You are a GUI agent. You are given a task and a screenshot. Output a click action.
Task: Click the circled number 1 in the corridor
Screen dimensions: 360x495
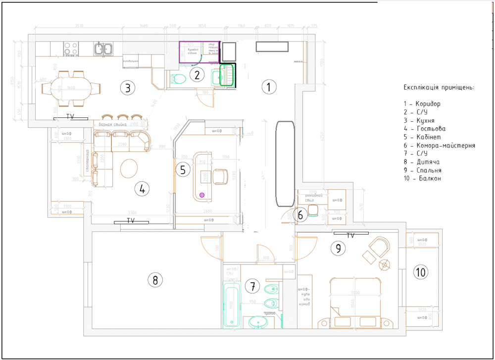click(268, 88)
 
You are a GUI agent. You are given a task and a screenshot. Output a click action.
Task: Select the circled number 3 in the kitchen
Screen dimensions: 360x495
click(127, 88)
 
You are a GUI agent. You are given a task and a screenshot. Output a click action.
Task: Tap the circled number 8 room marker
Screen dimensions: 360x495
click(155, 280)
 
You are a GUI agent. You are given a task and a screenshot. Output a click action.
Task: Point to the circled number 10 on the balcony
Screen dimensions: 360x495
click(421, 272)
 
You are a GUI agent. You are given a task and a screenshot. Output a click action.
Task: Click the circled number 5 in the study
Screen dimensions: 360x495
click(183, 170)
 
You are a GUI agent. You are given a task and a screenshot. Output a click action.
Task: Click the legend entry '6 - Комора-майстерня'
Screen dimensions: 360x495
click(439, 146)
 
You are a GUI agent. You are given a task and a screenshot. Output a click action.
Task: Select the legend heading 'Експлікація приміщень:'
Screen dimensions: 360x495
click(439, 87)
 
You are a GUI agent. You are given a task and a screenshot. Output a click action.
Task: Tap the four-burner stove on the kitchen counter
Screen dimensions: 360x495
click(71, 48)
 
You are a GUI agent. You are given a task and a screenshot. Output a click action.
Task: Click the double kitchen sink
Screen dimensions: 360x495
click(104, 49)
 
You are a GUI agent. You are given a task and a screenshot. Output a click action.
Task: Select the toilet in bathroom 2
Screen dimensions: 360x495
click(177, 78)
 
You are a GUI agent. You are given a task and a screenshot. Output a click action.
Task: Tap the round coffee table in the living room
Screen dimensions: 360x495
click(130, 168)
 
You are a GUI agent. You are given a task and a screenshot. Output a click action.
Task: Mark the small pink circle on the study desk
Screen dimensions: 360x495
click(201, 195)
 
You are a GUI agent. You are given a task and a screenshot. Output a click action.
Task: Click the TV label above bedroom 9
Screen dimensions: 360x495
click(350, 235)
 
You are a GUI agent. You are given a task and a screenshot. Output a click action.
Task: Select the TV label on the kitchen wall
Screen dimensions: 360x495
click(70, 116)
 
